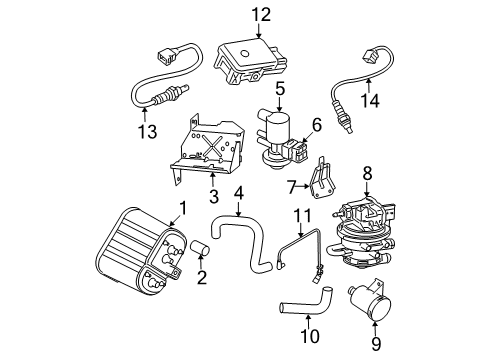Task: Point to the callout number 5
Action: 281,89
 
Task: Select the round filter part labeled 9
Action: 367,305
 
